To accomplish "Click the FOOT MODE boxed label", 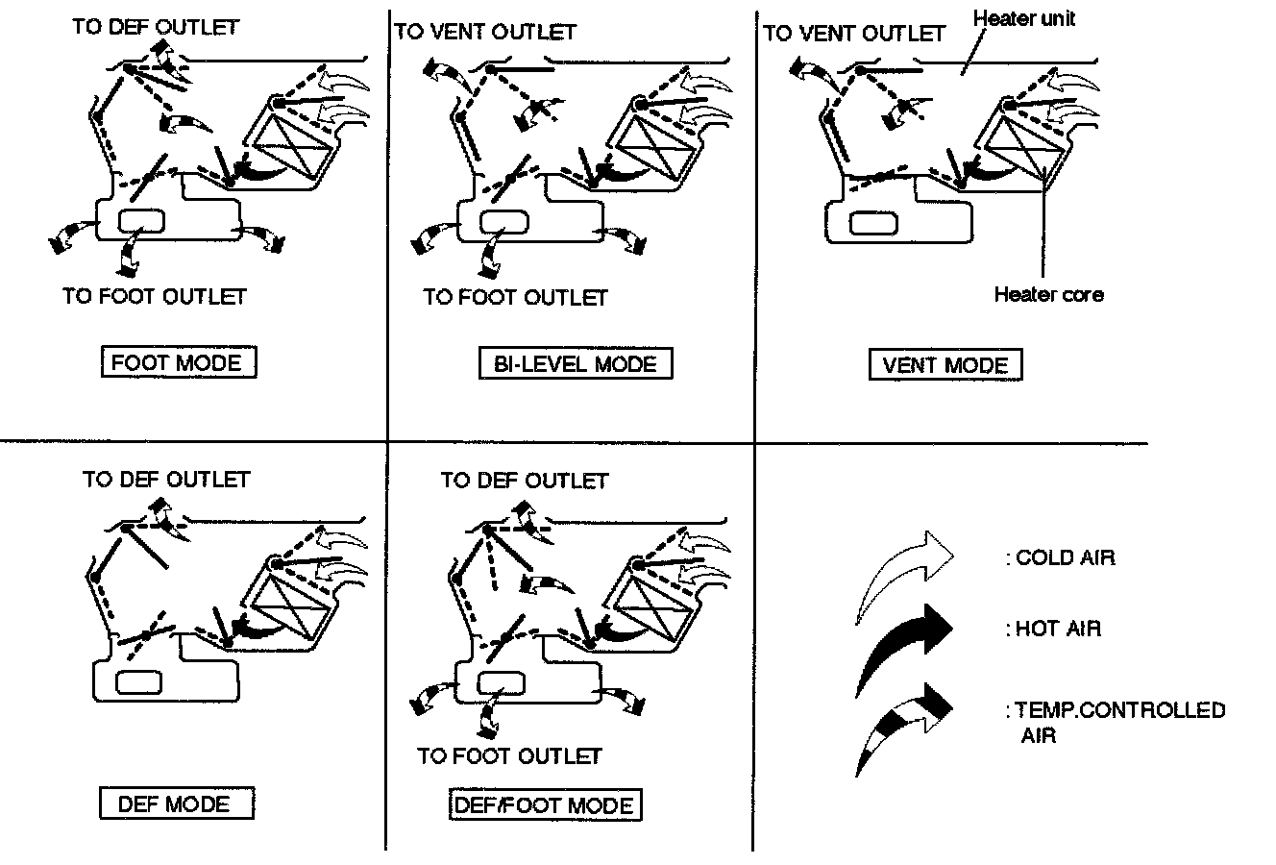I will (178, 363).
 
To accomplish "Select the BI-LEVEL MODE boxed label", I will (575, 364).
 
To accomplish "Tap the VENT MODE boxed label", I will (945, 365).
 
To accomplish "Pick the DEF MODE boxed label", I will (176, 803).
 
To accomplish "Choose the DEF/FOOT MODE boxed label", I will (545, 805).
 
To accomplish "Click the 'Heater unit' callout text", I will (1023, 18).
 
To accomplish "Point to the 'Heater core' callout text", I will (1048, 294).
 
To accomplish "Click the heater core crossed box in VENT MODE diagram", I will (1021, 146).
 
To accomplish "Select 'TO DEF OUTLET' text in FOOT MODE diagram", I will (155, 27).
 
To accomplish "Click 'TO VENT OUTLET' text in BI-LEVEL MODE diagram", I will (485, 32).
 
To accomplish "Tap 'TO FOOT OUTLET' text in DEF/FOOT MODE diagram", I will (509, 756).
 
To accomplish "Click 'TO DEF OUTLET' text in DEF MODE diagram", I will (166, 479).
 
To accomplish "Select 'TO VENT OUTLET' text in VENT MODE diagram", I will (854, 34).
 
